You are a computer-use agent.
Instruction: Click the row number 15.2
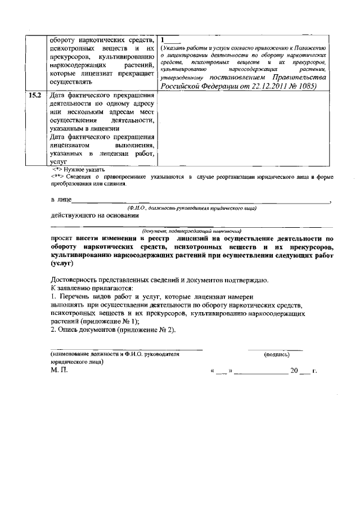point(35,95)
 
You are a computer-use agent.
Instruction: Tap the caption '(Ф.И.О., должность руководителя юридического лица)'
point(191,209)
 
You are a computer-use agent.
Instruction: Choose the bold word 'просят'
point(62,238)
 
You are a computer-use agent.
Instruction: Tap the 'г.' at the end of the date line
point(314,371)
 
